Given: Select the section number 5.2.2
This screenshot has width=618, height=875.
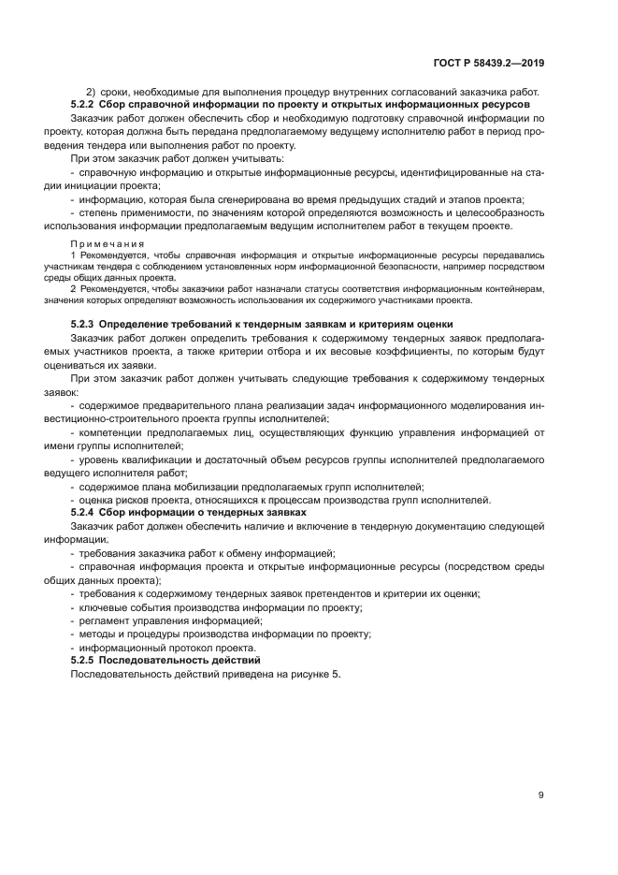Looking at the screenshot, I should coord(86,106).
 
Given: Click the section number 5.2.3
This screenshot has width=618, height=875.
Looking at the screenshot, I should coord(86,324).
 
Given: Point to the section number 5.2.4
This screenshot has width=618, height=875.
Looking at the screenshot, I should coord(86,514).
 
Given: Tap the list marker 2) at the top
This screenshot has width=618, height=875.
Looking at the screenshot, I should coord(92,92).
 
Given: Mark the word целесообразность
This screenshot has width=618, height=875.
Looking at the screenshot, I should coord(500,213).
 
